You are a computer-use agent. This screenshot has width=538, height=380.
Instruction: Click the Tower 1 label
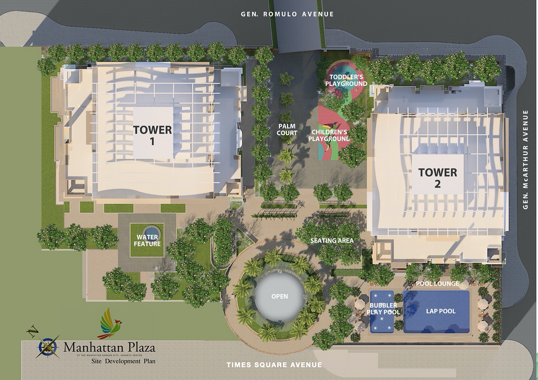pyautogui.click(x=152, y=135)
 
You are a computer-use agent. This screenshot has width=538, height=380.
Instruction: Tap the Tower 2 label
pyautogui.click(x=438, y=178)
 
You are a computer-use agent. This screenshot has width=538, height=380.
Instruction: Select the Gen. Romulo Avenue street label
pyautogui.click(x=287, y=14)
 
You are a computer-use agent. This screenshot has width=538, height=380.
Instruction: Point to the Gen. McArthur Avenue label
pyautogui.click(x=526, y=159)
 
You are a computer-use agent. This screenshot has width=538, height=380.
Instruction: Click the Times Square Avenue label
pyautogui.click(x=274, y=365)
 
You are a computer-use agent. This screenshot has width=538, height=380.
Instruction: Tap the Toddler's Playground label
pyautogui.click(x=346, y=80)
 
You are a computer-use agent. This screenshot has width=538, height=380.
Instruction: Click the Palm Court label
pyautogui.click(x=287, y=130)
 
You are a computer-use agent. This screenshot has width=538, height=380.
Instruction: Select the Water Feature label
pyautogui.click(x=147, y=241)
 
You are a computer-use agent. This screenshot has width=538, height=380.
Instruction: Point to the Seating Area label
pyautogui.click(x=332, y=240)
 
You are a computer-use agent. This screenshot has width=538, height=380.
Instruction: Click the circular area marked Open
pyautogui.click(x=279, y=296)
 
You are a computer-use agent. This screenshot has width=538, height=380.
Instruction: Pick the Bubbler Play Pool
pyautogui.click(x=383, y=309)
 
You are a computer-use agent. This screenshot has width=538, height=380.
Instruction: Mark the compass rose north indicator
pyautogui.click(x=48, y=346)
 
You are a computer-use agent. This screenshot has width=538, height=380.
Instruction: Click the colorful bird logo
pyautogui.click(x=109, y=324)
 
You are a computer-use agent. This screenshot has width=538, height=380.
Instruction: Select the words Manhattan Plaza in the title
pyautogui.click(x=109, y=348)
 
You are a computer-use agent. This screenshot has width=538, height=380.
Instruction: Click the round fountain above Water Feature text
pyautogui.click(x=151, y=230)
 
